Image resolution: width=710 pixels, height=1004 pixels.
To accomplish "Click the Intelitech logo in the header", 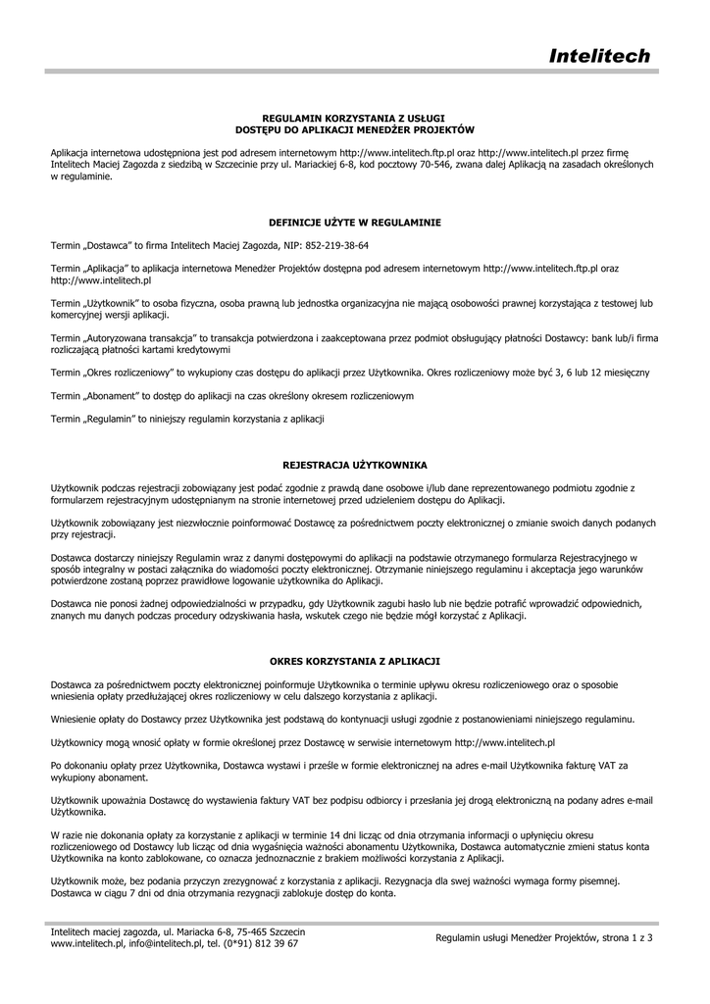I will coord(598,56).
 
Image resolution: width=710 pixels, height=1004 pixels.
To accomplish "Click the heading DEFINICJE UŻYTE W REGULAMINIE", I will coord(355,223).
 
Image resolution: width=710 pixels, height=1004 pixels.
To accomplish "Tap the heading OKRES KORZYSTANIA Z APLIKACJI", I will coord(355,662).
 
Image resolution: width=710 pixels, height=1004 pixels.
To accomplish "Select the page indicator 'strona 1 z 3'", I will coord(625,937).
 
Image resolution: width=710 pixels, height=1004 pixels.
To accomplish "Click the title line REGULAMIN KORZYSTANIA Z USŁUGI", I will coord(355,118).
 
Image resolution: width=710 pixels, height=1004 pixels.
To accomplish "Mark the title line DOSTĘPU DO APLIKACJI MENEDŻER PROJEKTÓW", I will coord(355,128).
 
